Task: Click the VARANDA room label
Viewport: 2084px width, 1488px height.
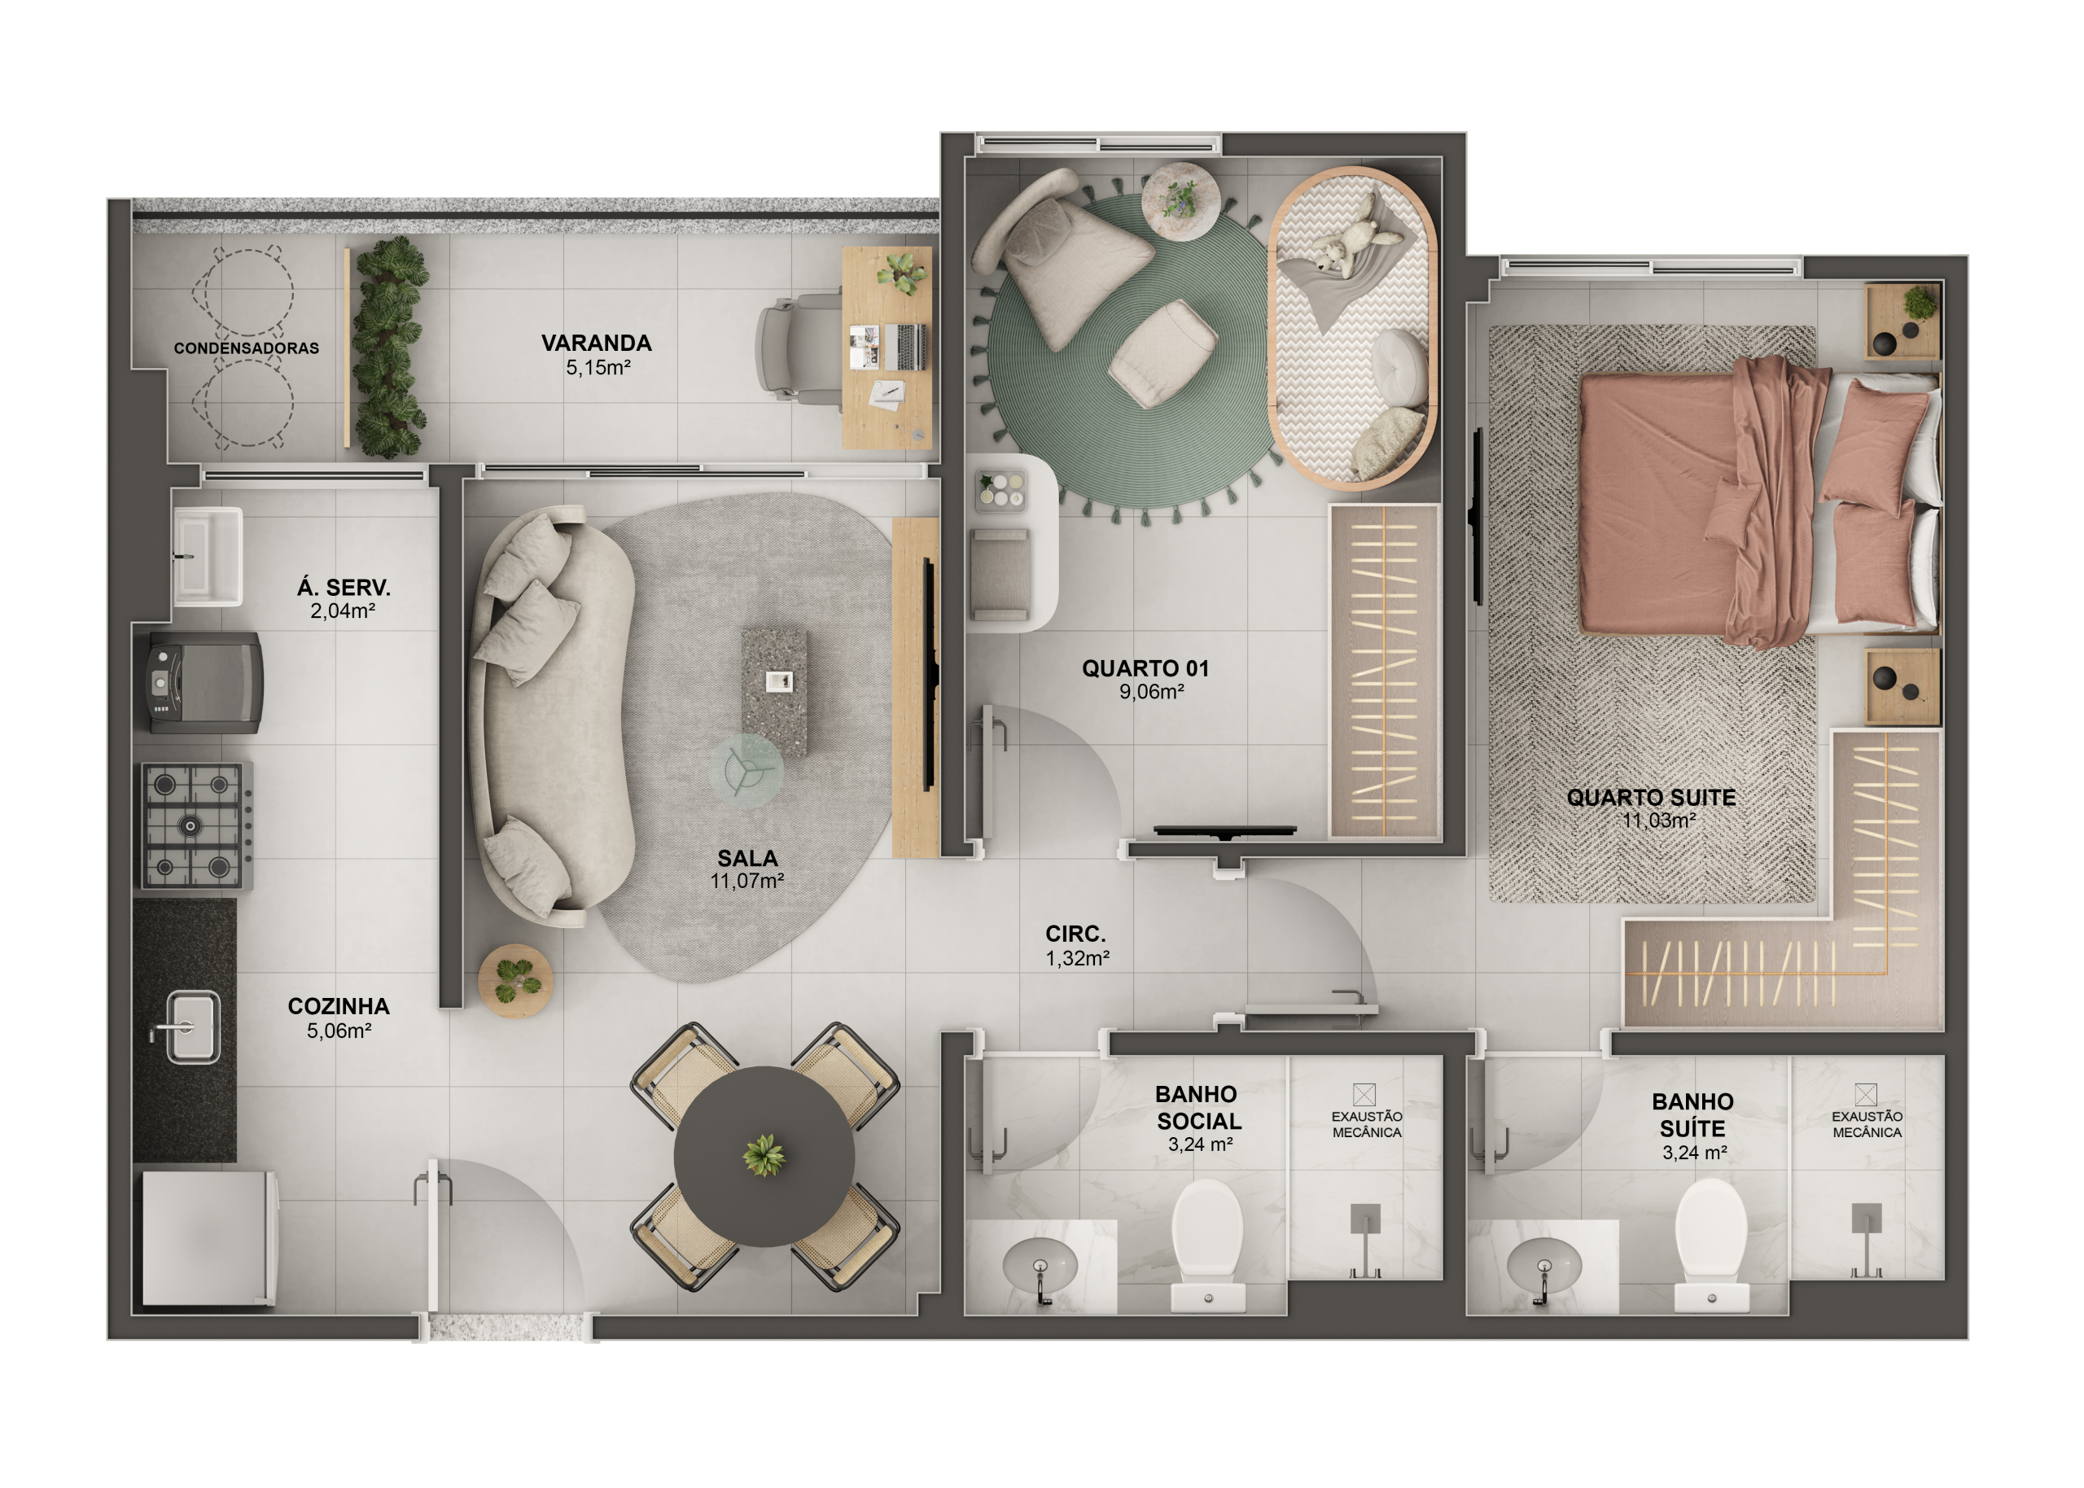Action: (597, 343)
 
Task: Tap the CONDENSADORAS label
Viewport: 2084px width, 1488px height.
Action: (247, 348)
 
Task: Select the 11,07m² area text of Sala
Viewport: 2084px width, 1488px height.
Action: (746, 881)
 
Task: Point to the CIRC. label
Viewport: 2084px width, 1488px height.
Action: (1075, 934)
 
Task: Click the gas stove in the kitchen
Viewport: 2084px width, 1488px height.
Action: (196, 825)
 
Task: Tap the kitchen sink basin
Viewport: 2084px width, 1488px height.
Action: (192, 1026)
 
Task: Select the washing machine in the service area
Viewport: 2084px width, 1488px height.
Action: (206, 683)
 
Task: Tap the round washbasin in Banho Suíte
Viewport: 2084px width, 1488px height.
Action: (1543, 1267)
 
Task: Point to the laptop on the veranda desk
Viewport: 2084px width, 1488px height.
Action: (904, 348)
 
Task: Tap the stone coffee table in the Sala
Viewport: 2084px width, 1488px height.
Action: (774, 692)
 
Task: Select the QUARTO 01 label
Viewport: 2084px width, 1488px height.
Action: (1145, 668)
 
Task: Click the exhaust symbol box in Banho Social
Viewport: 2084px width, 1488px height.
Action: (1364, 1094)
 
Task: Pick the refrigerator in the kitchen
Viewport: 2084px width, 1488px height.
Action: (209, 1238)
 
